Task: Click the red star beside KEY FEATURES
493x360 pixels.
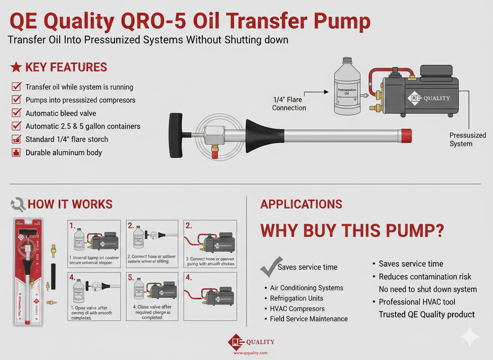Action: tap(16, 67)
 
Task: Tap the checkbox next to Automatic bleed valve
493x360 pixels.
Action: tap(15, 113)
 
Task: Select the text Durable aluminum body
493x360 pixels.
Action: tap(64, 152)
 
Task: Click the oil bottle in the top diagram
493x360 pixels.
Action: tap(347, 87)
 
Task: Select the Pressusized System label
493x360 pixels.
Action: tap(467, 140)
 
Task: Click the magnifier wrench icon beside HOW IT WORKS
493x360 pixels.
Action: tap(18, 204)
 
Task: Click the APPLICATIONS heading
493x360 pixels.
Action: tap(301, 204)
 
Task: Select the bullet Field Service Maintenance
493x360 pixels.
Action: tap(309, 319)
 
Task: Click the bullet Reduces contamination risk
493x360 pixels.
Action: tap(424, 277)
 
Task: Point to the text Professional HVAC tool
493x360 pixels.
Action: tap(417, 302)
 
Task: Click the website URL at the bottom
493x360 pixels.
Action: tap(250, 353)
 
